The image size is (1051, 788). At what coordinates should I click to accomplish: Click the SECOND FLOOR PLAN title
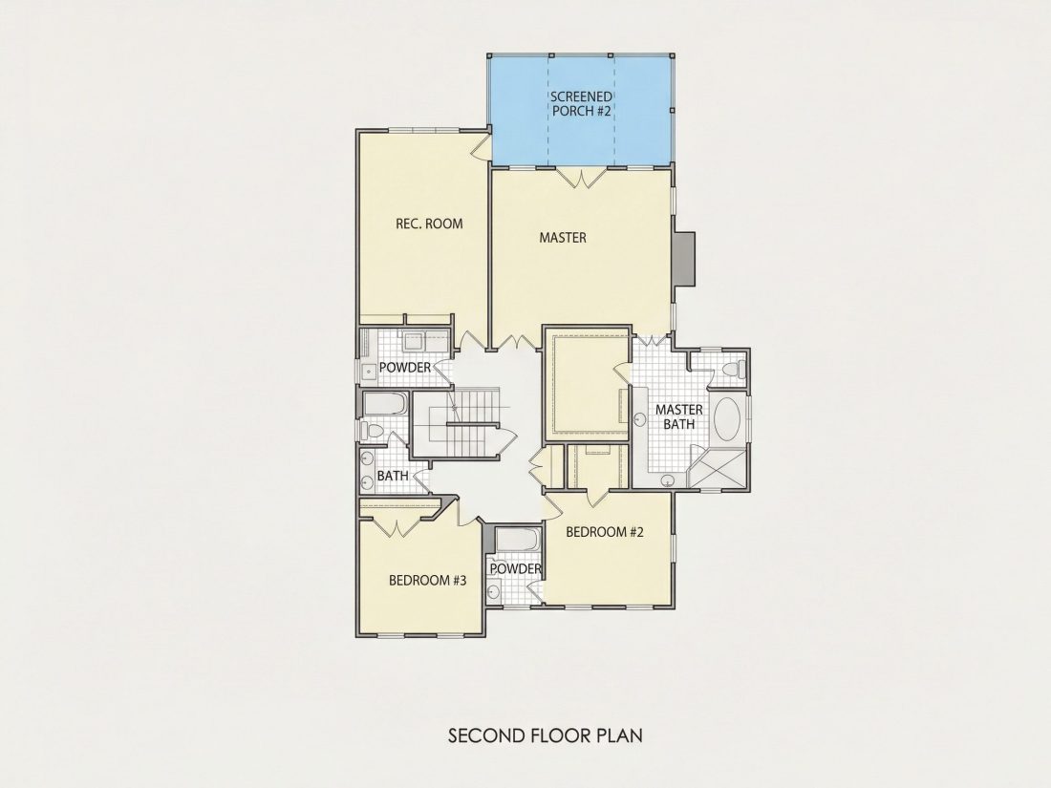click(x=545, y=735)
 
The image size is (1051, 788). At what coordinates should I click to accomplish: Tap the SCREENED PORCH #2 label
click(x=581, y=104)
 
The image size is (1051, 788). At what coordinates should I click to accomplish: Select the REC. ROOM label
click(x=429, y=224)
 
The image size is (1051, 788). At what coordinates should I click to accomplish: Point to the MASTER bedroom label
click(x=563, y=237)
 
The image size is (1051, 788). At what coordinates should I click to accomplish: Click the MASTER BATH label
click(x=679, y=416)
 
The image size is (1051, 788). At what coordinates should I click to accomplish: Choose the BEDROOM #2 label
click(x=605, y=532)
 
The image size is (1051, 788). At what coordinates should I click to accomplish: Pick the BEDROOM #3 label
click(x=428, y=581)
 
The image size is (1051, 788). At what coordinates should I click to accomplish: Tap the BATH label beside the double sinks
click(x=393, y=476)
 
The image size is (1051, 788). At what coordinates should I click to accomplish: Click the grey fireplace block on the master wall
click(x=684, y=259)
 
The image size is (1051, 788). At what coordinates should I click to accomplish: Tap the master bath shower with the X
click(x=718, y=468)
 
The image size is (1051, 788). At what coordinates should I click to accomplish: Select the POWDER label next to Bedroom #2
click(x=515, y=569)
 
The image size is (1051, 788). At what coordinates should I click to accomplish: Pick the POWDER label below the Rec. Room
click(x=405, y=368)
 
